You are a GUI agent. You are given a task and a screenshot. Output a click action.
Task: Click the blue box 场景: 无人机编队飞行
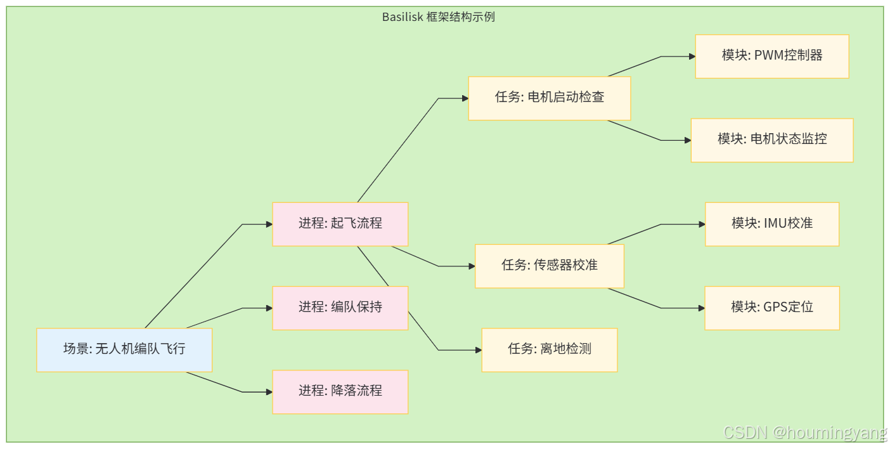point(124,349)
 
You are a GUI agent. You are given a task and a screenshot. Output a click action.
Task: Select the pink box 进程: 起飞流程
point(340,224)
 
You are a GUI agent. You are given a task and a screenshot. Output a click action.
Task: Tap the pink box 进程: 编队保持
point(340,308)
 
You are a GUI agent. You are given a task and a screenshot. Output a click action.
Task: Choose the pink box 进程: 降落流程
point(340,391)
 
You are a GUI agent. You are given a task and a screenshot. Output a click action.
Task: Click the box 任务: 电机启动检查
point(550,98)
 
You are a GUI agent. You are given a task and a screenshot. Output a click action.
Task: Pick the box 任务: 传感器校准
point(550,266)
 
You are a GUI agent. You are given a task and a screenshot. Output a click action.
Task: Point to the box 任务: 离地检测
point(550,349)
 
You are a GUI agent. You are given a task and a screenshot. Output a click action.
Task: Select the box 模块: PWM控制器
point(772,56)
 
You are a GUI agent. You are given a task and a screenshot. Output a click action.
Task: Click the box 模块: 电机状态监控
point(772,140)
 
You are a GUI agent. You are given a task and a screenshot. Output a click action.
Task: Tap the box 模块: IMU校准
point(772,224)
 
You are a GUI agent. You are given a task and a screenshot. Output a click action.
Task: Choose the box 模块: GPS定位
point(772,308)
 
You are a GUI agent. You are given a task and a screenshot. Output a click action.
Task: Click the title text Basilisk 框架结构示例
point(439,17)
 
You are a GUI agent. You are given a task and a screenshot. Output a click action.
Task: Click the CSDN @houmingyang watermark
point(805,433)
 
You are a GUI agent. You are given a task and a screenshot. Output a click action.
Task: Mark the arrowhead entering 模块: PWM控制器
point(692,56)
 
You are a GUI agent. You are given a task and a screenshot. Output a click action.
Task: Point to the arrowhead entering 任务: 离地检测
point(478,350)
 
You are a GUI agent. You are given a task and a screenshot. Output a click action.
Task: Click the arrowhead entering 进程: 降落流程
point(269,392)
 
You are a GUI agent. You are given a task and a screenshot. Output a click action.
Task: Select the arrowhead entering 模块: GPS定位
point(701,308)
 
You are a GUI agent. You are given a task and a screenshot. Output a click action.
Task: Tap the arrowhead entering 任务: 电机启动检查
point(465,98)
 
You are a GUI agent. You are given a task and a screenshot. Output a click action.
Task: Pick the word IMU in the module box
point(773,224)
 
